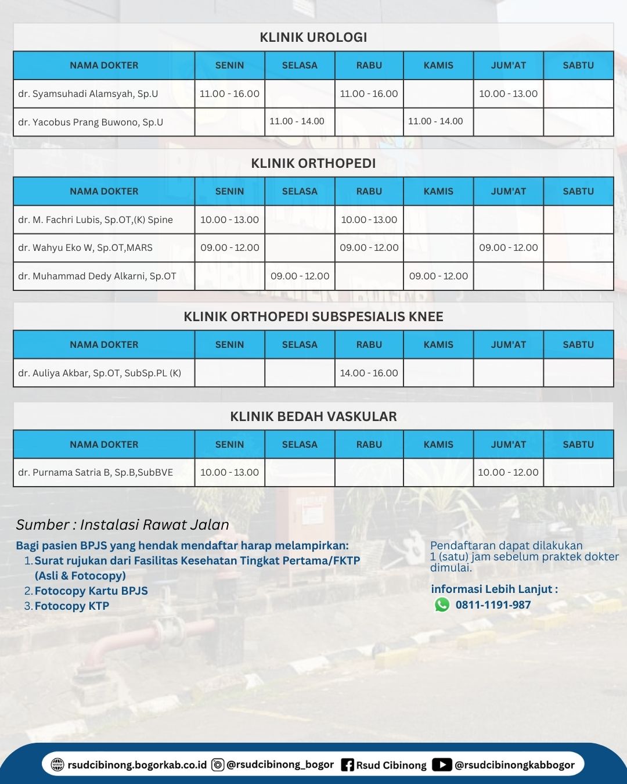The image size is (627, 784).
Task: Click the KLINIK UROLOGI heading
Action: click(313, 37)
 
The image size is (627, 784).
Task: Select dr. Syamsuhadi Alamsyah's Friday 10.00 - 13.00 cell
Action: click(508, 93)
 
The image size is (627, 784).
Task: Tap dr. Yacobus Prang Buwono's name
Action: click(91, 122)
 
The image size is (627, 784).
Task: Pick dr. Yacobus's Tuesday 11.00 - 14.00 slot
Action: click(297, 121)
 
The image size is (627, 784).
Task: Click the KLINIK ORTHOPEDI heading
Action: click(313, 163)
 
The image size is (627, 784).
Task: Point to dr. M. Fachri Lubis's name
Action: click(95, 220)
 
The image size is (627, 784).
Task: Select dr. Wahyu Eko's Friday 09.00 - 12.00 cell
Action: click(508, 247)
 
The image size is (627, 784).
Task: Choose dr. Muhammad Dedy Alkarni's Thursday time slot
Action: click(438, 276)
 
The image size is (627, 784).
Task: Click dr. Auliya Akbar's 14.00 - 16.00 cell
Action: click(369, 373)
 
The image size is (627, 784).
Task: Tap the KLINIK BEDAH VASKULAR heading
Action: click(313, 416)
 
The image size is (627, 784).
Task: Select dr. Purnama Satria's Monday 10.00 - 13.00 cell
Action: click(229, 472)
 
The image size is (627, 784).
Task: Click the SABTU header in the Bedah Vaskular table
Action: click(578, 444)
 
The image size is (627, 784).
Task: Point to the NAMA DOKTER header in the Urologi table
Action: click(104, 65)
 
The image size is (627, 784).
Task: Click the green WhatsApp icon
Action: click(442, 605)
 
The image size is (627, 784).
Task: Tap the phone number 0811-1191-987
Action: click(493, 605)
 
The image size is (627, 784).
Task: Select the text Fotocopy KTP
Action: click(71, 606)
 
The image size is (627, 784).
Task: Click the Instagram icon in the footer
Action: click(218, 765)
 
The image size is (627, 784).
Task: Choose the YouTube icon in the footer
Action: click(442, 765)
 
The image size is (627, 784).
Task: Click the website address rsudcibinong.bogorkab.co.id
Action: click(137, 765)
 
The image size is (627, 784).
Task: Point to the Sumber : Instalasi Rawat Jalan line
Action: click(122, 524)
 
